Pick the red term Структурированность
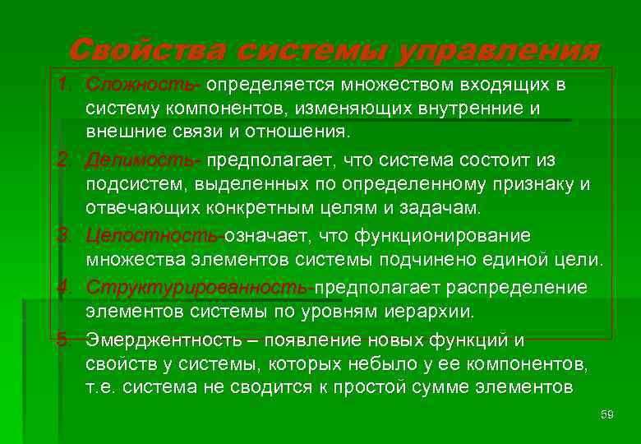[x=197, y=288]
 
